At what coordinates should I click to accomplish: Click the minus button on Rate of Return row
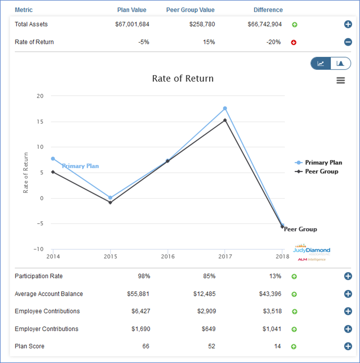[348, 42]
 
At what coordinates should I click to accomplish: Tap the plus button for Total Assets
[348, 25]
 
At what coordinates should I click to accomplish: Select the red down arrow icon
[294, 42]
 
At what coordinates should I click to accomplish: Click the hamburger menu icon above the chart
[341, 81]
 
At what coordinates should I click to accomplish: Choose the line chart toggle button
[321, 63]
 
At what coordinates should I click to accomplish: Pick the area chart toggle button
[340, 63]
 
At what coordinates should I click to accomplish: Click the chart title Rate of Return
[182, 79]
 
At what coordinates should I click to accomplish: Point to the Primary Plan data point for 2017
[225, 108]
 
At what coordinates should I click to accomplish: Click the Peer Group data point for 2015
[110, 202]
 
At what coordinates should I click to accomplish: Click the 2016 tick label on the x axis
[168, 256]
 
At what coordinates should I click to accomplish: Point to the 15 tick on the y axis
[40, 121]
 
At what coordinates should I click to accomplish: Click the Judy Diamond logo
[312, 250]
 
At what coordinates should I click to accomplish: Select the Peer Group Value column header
[190, 10]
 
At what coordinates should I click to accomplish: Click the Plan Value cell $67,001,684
[131, 24]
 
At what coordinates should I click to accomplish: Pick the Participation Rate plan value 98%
[143, 276]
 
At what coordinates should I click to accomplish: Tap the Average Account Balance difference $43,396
[270, 294]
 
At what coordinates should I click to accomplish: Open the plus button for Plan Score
[348, 346]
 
